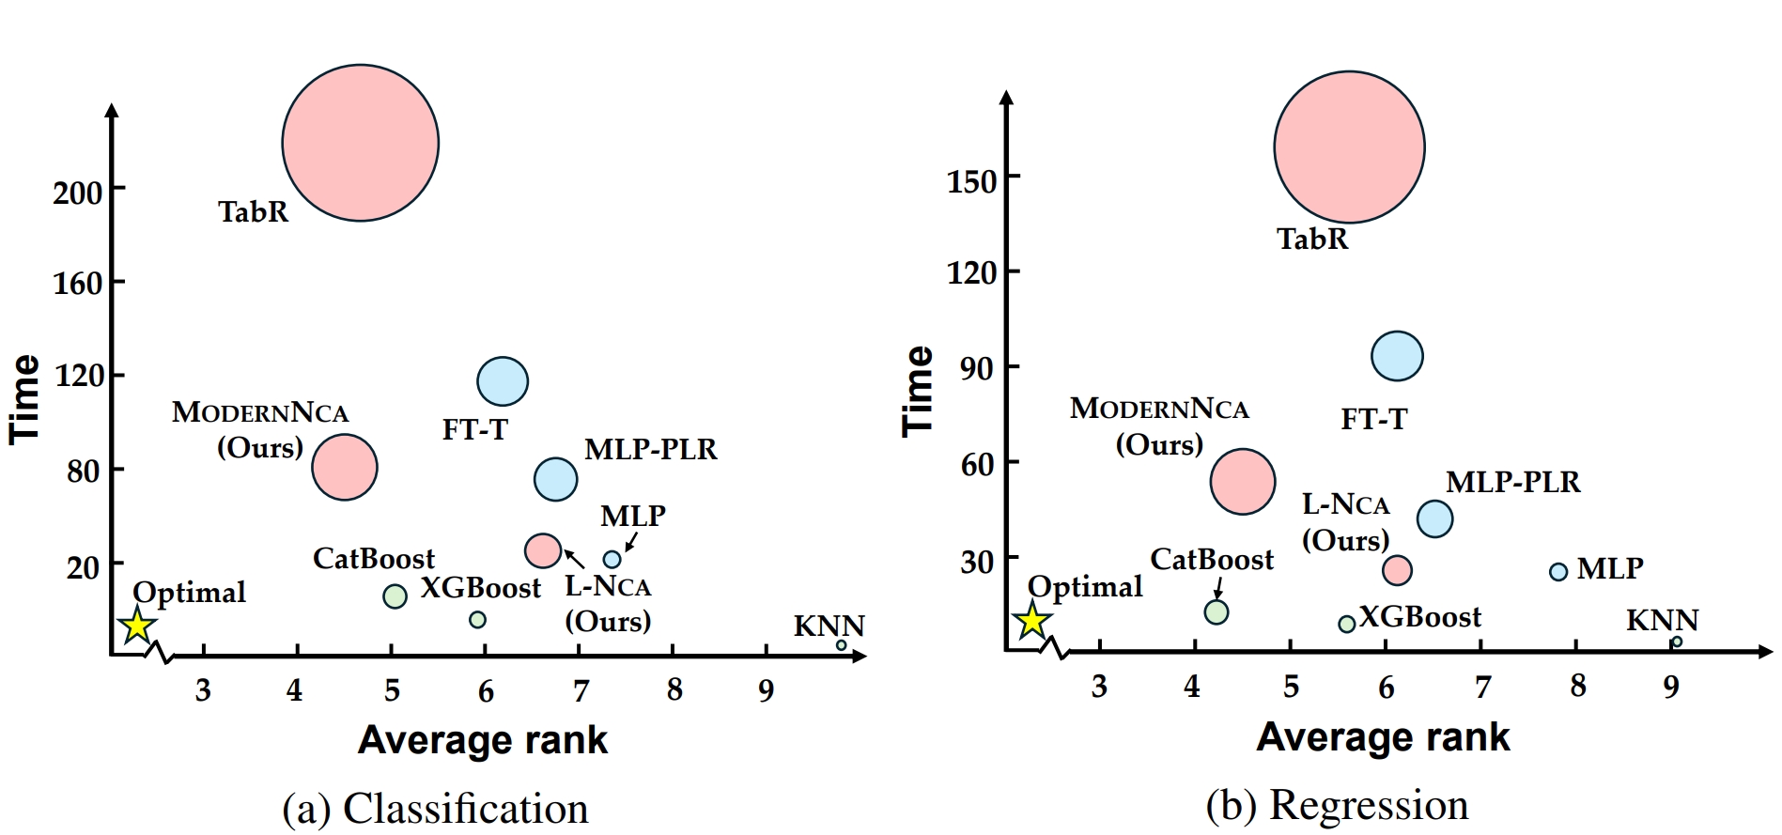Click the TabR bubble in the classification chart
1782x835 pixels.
tap(360, 143)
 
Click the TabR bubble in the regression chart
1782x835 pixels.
tap(1349, 147)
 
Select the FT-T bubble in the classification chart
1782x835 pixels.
tap(503, 381)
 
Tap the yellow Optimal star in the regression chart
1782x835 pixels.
tap(1032, 621)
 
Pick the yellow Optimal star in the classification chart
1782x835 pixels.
tap(137, 626)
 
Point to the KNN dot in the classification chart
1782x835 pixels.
tap(841, 645)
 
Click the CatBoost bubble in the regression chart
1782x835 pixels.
tap(1216, 612)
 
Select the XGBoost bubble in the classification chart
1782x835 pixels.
tap(477, 620)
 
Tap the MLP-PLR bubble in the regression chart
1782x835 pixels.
tap(1434, 518)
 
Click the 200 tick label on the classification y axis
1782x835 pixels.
tap(77, 193)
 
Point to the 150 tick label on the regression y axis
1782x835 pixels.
tap(971, 181)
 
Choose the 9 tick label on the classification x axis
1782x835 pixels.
tap(767, 691)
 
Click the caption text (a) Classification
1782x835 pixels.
tap(435, 809)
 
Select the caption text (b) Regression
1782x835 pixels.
tap(1337, 806)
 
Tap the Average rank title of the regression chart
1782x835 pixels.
tap(1383, 737)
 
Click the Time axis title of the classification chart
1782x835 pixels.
tap(25, 398)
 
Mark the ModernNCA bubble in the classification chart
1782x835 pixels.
tap(345, 467)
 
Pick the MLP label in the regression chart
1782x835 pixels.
tap(1610, 568)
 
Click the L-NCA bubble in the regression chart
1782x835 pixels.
tap(1397, 569)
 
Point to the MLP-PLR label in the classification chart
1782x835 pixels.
tap(650, 450)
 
